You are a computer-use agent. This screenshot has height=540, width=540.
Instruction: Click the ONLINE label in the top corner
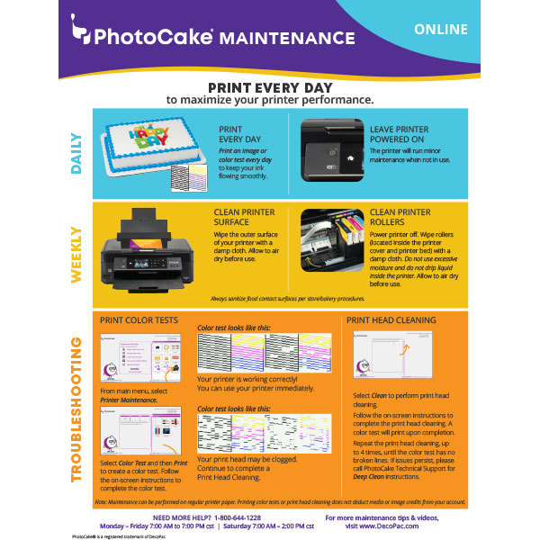click(441, 30)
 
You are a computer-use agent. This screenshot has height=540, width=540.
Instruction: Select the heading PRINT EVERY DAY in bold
click(269, 88)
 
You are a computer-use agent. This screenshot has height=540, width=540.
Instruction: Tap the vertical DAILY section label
click(76, 153)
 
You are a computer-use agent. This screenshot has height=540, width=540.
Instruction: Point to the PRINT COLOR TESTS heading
click(139, 319)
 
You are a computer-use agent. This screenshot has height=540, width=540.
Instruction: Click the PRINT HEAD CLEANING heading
click(391, 319)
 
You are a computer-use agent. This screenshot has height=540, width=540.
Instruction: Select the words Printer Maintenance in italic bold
click(126, 399)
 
